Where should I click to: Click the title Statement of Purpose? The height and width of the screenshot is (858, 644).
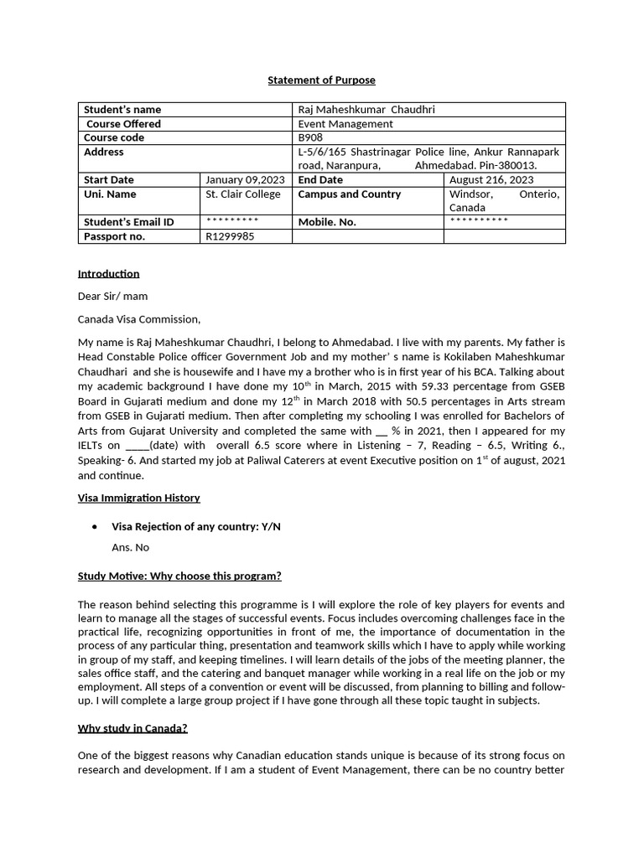click(321, 80)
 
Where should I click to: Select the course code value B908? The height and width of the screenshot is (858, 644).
click(309, 137)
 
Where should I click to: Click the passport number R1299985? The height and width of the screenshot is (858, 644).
click(230, 236)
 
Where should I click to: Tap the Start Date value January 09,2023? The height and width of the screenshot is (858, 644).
click(245, 179)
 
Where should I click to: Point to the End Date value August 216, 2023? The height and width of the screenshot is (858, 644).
click(491, 179)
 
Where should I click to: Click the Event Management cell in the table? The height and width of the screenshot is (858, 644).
click(345, 123)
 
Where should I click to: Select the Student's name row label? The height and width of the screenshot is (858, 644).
click(122, 109)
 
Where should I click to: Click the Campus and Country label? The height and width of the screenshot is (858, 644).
click(350, 194)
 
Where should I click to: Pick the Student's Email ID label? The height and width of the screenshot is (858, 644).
click(129, 222)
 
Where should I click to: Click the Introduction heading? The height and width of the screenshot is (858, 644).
click(108, 273)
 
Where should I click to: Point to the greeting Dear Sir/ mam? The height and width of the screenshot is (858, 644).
click(112, 296)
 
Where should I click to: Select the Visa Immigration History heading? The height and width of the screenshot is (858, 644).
click(138, 498)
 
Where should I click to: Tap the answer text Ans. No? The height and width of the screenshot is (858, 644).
click(130, 547)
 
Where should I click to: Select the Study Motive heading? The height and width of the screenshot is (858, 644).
click(179, 576)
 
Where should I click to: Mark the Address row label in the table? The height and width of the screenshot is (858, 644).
click(104, 152)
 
